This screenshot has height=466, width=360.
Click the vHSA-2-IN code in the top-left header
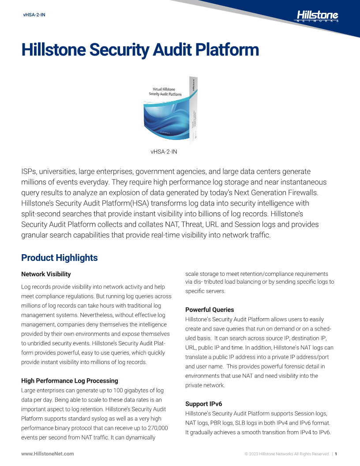(x=34, y=15)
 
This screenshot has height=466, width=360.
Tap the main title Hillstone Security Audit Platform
(x=140, y=50)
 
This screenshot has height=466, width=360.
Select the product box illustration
(x=170, y=111)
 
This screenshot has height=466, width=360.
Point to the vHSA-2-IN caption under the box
(x=164, y=151)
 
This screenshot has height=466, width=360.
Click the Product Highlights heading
(x=59, y=258)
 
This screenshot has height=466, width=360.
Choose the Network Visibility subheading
(x=46, y=274)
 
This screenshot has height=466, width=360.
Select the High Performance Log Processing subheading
(x=70, y=381)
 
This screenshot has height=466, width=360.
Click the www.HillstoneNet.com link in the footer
(x=48, y=454)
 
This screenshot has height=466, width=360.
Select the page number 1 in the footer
(x=336, y=454)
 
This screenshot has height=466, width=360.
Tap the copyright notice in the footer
(x=287, y=454)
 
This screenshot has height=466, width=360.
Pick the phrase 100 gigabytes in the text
(x=144, y=390)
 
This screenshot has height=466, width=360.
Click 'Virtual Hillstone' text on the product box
(x=164, y=90)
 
